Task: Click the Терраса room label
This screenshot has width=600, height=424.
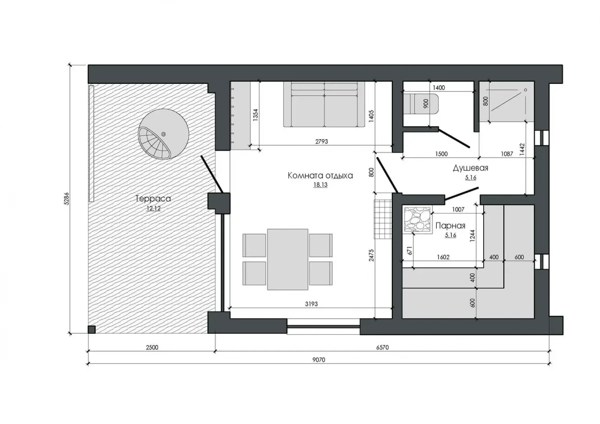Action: click(153, 199)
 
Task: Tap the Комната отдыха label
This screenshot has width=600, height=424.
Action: click(320, 176)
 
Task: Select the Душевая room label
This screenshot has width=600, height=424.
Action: click(470, 168)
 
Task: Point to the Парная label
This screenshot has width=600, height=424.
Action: click(450, 225)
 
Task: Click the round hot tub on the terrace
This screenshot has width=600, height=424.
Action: click(163, 134)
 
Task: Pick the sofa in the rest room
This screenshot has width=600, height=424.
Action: click(324, 104)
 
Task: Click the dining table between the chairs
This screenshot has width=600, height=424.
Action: click(288, 259)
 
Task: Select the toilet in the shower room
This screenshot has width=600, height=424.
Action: click(421, 104)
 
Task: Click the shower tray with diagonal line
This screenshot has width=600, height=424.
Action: click(506, 101)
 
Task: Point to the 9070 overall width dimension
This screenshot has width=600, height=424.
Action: click(318, 360)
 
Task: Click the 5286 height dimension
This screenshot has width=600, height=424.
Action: click(66, 199)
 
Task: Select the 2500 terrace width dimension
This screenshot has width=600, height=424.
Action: click(152, 348)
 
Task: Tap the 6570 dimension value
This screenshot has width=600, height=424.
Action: click(382, 348)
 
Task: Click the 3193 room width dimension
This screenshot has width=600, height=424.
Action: click(311, 304)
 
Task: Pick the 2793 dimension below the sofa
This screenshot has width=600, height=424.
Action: click(321, 141)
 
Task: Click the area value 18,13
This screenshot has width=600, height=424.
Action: click(320, 185)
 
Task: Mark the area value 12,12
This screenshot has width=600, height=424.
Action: click(153, 208)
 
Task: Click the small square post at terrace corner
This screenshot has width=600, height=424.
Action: click(92, 329)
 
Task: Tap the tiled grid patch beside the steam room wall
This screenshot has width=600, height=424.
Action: click(383, 218)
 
